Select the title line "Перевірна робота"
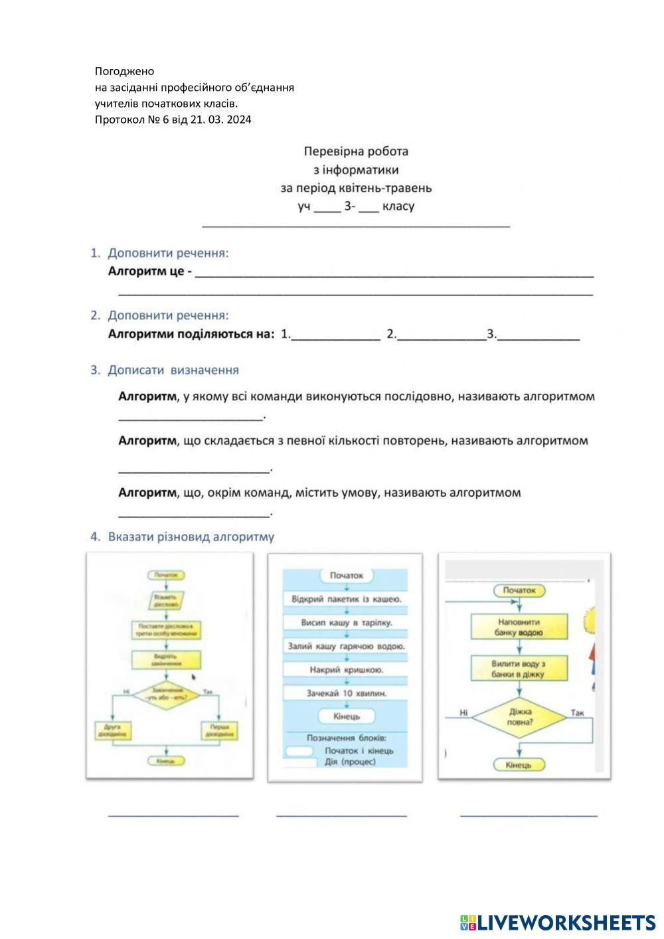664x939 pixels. pyautogui.click(x=356, y=151)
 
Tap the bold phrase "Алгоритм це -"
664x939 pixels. pyautogui.click(x=150, y=272)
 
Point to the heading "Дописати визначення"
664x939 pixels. pyautogui.click(x=173, y=370)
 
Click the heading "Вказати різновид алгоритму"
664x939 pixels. pyautogui.click(x=191, y=537)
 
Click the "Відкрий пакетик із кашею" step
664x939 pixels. pyautogui.click(x=346, y=599)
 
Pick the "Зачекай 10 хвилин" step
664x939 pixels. pyautogui.click(x=346, y=693)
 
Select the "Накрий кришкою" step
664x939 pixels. pyautogui.click(x=346, y=669)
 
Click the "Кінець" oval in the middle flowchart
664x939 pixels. pyautogui.click(x=346, y=716)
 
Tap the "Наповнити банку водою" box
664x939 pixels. pyautogui.click(x=519, y=628)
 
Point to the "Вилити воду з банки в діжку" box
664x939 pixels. pyautogui.click(x=519, y=669)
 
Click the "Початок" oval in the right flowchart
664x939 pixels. pyautogui.click(x=519, y=590)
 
